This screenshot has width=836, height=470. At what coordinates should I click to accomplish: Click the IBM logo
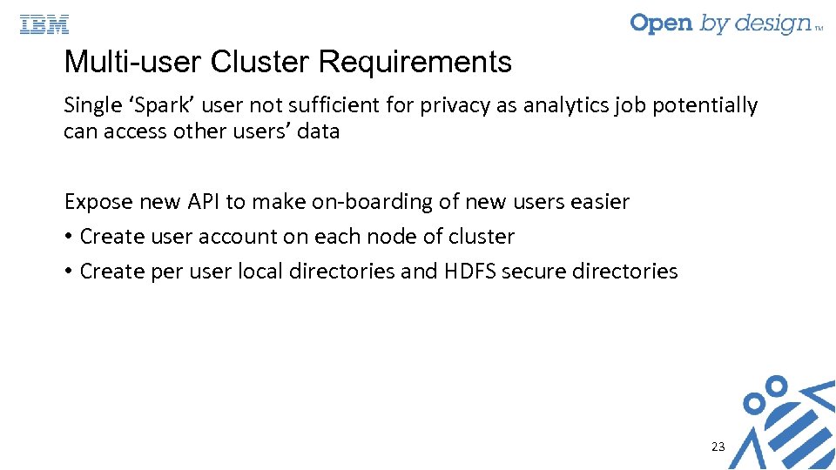[44, 24]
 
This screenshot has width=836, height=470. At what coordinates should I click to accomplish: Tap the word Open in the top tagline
[662, 23]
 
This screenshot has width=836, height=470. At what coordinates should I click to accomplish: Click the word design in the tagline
[770, 24]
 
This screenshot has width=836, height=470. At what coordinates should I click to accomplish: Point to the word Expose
[98, 202]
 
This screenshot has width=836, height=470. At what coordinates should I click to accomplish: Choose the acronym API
[203, 202]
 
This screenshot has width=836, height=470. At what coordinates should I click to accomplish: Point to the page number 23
[718, 446]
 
